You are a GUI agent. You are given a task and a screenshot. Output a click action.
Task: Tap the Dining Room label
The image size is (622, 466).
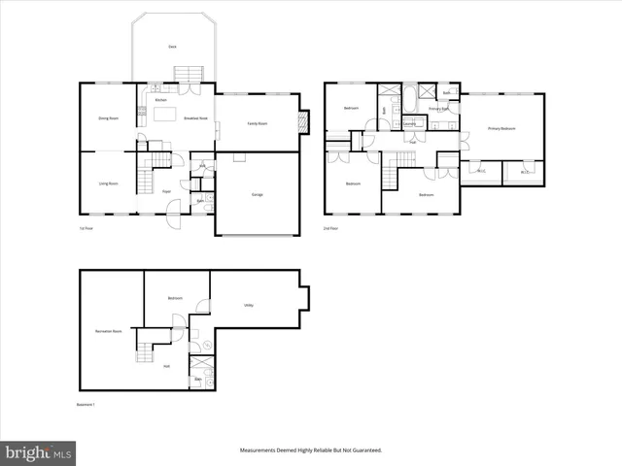pyautogui.click(x=107, y=118)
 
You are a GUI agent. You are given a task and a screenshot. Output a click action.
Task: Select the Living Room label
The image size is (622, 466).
pyautogui.click(x=107, y=183)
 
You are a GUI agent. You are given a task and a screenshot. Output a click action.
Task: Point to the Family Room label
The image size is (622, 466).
pyautogui.click(x=257, y=124)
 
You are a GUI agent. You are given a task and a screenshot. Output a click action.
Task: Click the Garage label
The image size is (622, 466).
pyautogui.click(x=258, y=195)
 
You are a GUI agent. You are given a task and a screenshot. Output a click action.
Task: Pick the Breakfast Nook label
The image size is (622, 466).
pyautogui.click(x=195, y=118)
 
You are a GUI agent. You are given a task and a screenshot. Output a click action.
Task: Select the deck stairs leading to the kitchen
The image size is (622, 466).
pyautogui.click(x=188, y=74)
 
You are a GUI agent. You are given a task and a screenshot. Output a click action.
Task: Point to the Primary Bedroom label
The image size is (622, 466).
pyautogui.click(x=501, y=128)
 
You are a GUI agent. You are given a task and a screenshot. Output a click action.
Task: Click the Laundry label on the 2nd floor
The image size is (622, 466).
pyautogui.click(x=409, y=123)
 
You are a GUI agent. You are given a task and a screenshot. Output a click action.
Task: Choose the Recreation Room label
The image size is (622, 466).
pyautogui.click(x=108, y=331)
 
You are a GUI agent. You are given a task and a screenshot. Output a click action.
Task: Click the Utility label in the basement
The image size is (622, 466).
pyautogui.click(x=249, y=305)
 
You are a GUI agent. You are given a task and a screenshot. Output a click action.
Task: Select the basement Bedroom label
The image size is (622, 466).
pyautogui.click(x=176, y=298)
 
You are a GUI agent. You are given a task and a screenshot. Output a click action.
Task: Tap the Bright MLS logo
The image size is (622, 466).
pyautogui.click(x=39, y=452)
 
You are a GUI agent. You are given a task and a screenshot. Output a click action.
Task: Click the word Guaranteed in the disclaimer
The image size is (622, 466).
pyautogui.click(x=364, y=450)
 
